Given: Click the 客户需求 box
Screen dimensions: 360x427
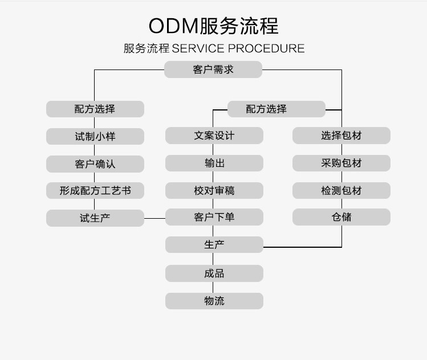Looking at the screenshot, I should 213,69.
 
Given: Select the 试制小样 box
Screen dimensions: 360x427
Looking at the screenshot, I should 95,136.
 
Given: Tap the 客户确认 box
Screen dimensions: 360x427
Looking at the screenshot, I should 95,163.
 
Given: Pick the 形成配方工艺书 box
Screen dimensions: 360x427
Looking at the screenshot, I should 95,191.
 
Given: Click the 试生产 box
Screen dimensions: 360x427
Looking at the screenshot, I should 95,218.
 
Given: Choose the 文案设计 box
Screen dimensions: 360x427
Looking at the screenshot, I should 214,136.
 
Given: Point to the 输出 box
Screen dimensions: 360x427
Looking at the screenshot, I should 214,163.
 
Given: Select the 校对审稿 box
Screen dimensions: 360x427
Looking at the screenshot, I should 214,190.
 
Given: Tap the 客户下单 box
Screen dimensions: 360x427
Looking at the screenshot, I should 214,217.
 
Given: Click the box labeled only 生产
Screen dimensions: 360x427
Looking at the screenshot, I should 214,245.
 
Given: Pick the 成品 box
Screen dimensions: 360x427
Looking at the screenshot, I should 214,273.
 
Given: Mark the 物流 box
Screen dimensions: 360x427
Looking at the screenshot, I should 214,301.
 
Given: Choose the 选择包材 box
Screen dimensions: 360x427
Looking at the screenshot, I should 341,136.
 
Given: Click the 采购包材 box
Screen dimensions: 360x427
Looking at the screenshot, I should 341,163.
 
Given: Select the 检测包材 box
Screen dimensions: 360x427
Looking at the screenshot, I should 341,190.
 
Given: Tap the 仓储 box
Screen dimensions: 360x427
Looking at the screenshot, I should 341,217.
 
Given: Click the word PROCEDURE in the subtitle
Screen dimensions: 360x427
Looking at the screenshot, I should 266,48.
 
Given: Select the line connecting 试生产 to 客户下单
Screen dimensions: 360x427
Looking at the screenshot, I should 154,218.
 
